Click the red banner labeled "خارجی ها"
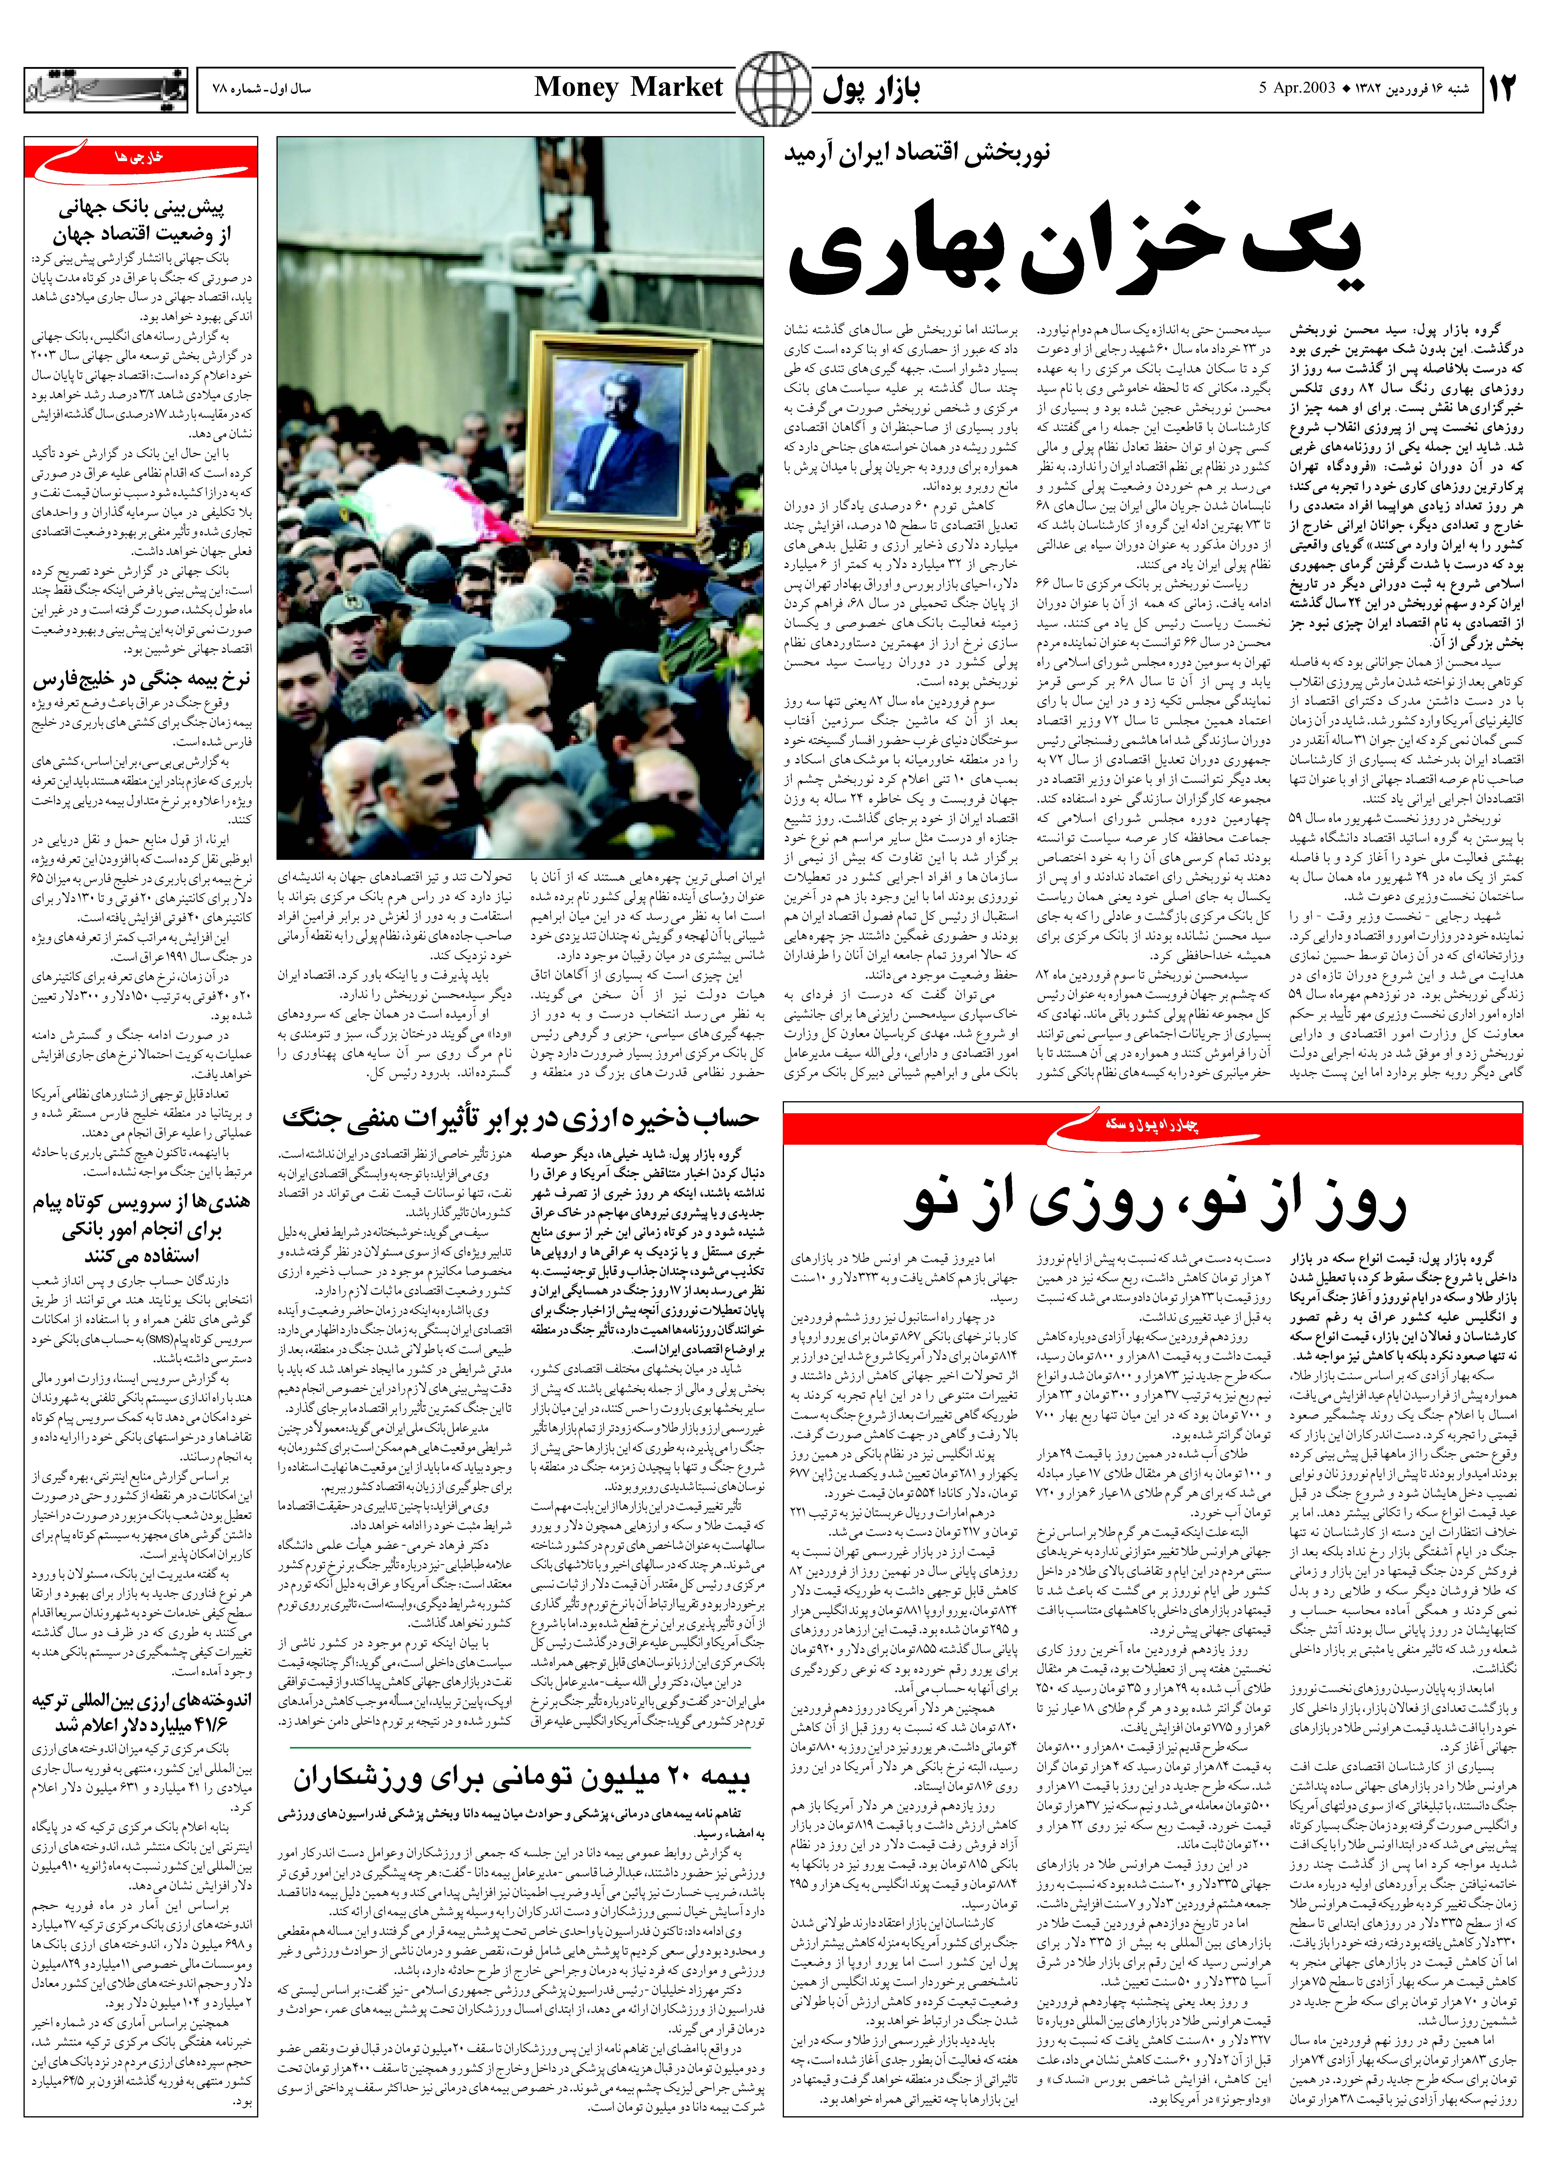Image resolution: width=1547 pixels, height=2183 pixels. coord(141,160)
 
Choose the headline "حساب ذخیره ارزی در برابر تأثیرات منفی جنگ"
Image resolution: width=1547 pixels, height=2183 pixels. coord(520,1118)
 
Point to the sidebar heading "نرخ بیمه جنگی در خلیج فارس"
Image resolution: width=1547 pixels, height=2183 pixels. coord(141,680)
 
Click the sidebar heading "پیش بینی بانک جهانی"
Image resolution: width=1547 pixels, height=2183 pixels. coord(141,208)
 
